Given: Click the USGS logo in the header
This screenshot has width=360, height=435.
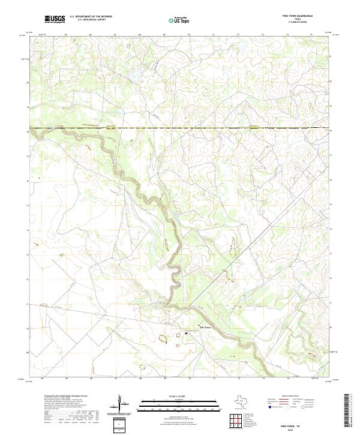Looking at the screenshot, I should [x=55, y=19].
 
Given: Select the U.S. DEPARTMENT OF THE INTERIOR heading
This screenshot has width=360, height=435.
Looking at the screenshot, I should [x=91, y=17].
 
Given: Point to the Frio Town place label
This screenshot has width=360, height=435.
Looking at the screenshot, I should [x=197, y=327].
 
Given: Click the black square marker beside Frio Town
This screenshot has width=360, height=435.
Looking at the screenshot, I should [x=186, y=332].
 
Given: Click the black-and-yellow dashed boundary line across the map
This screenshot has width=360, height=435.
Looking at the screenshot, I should [x=180, y=128].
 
